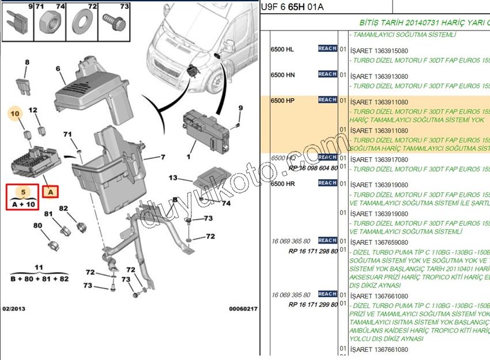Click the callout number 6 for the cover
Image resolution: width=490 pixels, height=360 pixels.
58,69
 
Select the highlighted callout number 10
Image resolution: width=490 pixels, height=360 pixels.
16,115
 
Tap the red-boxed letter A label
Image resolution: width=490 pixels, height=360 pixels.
51,191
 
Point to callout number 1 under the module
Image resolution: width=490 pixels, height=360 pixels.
188,156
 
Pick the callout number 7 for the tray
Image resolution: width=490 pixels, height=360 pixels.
163,157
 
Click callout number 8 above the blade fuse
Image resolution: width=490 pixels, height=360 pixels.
27,62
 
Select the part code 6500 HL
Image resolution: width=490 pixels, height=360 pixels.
282,49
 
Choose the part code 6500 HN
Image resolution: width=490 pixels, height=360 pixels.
282,75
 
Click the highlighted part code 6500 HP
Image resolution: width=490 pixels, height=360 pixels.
282,101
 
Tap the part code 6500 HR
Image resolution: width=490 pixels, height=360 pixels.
282,184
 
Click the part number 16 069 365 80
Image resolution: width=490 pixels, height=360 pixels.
291,241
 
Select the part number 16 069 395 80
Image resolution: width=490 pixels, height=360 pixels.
291,295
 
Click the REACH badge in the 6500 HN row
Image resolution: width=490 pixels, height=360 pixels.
327,74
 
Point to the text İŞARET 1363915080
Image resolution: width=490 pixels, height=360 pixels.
379,51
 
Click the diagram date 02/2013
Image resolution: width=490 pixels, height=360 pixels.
14,309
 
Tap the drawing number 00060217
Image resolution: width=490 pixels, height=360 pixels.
243,309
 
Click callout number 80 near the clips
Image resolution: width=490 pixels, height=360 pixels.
37,225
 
